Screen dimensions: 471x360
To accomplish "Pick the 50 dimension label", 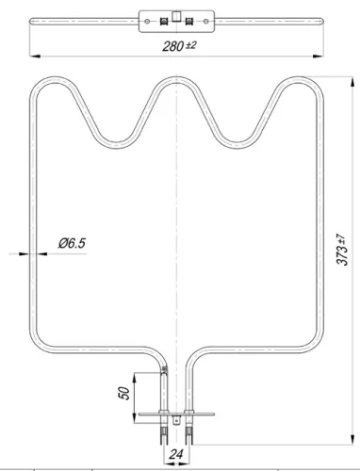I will (123, 393).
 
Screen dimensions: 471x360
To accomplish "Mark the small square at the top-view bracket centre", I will (177, 14).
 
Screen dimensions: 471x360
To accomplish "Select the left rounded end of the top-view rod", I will (31, 20).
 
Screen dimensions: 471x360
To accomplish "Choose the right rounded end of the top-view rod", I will (324, 20).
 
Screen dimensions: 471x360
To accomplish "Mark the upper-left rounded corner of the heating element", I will (40, 87).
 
